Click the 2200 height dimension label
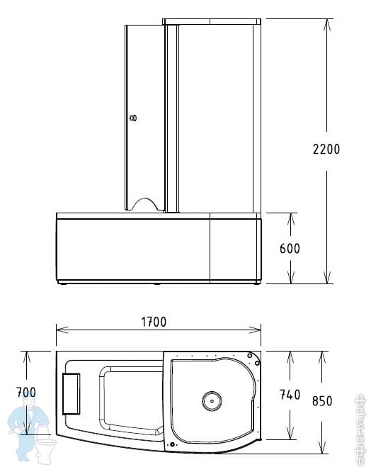coord(326,149)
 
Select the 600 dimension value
coord(290,249)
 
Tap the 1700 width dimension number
coord(154,322)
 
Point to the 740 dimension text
coord(290,395)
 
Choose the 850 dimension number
coord(322,401)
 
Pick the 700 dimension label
coord(26,392)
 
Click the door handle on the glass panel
coord(133,118)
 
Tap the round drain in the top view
coord(212,401)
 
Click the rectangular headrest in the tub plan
coord(72,394)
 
